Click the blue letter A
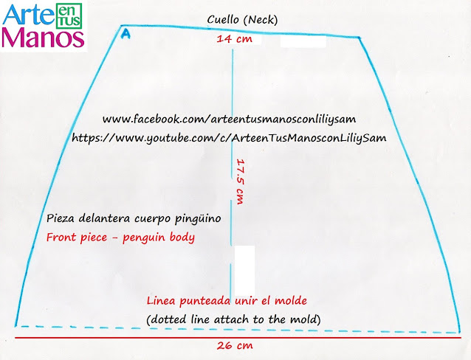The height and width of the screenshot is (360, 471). (126, 33)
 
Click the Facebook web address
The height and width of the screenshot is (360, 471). (235, 119)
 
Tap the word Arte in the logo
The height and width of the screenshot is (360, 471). (27, 15)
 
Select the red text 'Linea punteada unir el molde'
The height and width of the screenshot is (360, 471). (226, 301)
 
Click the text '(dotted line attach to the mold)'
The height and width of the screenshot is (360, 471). (233, 319)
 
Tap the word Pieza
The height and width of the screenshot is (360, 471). (61, 219)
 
